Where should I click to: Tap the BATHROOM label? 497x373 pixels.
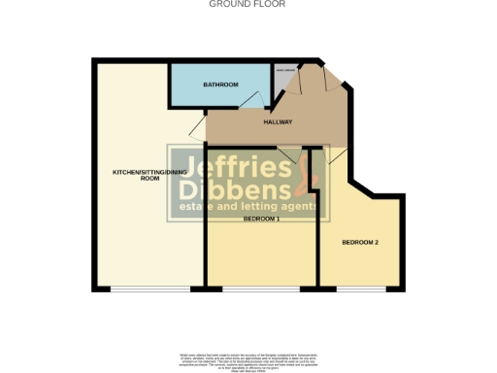(220, 85)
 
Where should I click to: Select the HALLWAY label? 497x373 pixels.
(279, 121)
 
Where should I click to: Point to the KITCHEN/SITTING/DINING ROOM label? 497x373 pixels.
(149, 176)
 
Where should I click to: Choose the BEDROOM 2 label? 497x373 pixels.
(359, 242)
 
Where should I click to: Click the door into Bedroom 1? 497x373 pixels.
(288, 154)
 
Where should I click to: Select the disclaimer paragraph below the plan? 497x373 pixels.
(248, 359)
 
